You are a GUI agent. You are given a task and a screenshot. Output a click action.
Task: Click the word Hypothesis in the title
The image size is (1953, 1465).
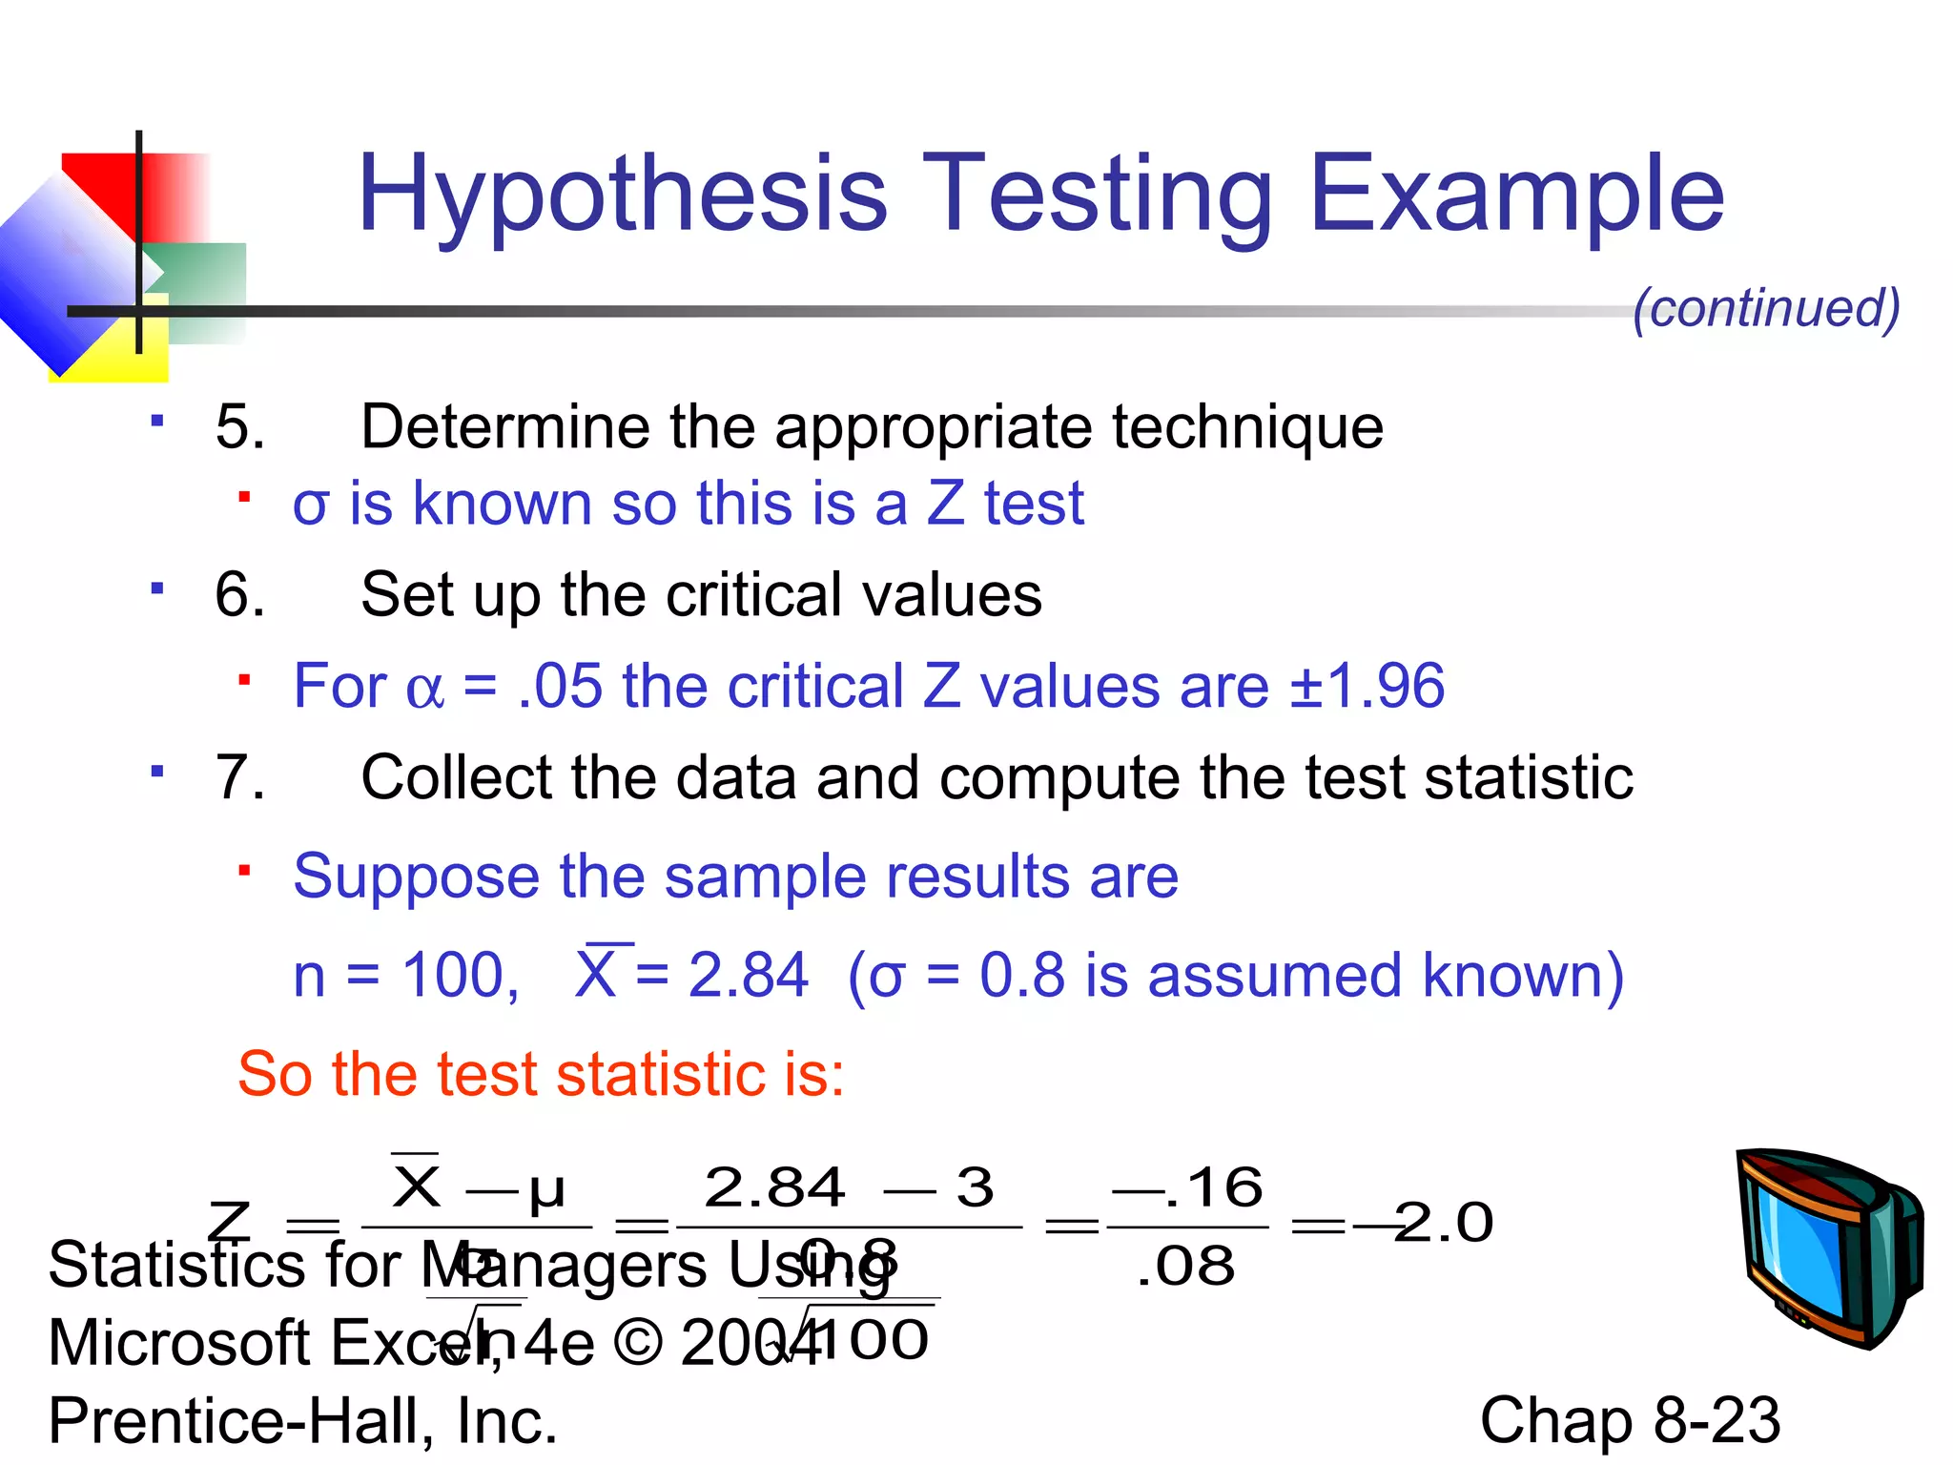coord(622,196)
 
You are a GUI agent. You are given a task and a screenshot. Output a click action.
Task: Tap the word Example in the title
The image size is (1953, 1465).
coord(1516,196)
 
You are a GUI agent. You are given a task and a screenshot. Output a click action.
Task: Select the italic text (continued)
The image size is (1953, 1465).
coord(1766,307)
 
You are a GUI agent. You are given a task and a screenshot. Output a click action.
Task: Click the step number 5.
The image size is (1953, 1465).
coord(239,426)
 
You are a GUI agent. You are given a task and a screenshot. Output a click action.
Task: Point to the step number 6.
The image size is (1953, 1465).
coord(239,594)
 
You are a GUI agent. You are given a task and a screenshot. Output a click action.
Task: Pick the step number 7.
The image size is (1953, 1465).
coord(239,777)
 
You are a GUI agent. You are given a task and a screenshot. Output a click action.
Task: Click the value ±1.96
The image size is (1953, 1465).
coord(1367,686)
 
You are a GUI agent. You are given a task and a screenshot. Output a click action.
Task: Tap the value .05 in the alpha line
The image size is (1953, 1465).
coord(561,686)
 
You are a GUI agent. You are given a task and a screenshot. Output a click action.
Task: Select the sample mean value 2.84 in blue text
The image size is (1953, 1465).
coord(748,975)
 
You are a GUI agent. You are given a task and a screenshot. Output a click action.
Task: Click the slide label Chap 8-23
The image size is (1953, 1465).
coord(1630,1420)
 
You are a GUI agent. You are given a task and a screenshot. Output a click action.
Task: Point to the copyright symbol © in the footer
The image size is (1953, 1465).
coord(638,1343)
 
